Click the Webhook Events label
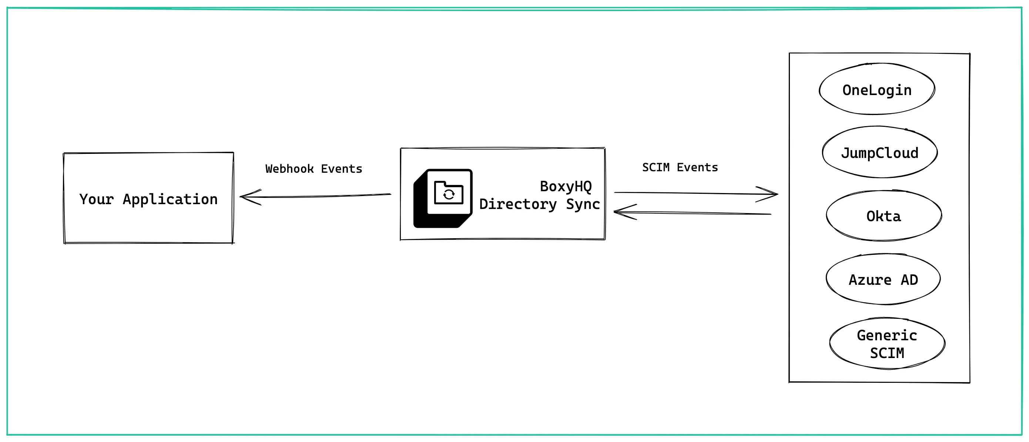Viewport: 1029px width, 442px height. click(314, 169)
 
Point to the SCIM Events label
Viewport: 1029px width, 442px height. click(680, 167)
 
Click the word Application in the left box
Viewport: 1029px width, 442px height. click(170, 199)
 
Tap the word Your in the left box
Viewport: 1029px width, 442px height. click(96, 199)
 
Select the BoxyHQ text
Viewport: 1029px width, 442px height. click(566, 186)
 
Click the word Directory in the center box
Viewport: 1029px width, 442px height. click(518, 204)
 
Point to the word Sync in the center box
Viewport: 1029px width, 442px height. click(583, 204)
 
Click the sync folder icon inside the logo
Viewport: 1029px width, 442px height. click(449, 193)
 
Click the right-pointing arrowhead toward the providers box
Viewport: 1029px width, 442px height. click(772, 194)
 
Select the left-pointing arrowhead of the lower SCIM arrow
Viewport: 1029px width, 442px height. click(619, 212)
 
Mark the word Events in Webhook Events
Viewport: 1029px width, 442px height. click(342, 169)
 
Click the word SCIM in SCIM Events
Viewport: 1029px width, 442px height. click(656, 167)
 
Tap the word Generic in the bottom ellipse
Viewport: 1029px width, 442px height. click(887, 335)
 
